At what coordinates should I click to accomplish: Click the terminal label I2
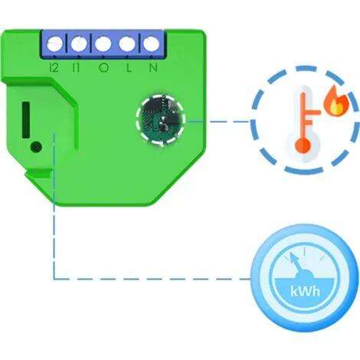(54, 67)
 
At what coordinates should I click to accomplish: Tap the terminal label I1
(76, 67)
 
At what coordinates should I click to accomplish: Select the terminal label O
(103, 67)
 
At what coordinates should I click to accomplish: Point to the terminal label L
(129, 67)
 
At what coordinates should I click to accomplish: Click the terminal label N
(153, 67)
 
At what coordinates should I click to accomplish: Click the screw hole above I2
(54, 44)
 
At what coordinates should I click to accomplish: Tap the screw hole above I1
(79, 44)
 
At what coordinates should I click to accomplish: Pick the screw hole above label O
(103, 44)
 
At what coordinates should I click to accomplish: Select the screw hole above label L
(127, 44)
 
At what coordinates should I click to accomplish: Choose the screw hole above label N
(151, 44)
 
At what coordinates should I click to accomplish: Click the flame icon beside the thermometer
(336, 101)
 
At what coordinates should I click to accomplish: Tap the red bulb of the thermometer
(303, 146)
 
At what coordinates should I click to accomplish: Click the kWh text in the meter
(305, 291)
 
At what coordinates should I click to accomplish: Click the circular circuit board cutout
(160, 120)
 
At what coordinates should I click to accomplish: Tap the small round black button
(36, 147)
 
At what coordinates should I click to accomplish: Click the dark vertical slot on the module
(26, 120)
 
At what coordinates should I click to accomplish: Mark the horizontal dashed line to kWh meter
(152, 279)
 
